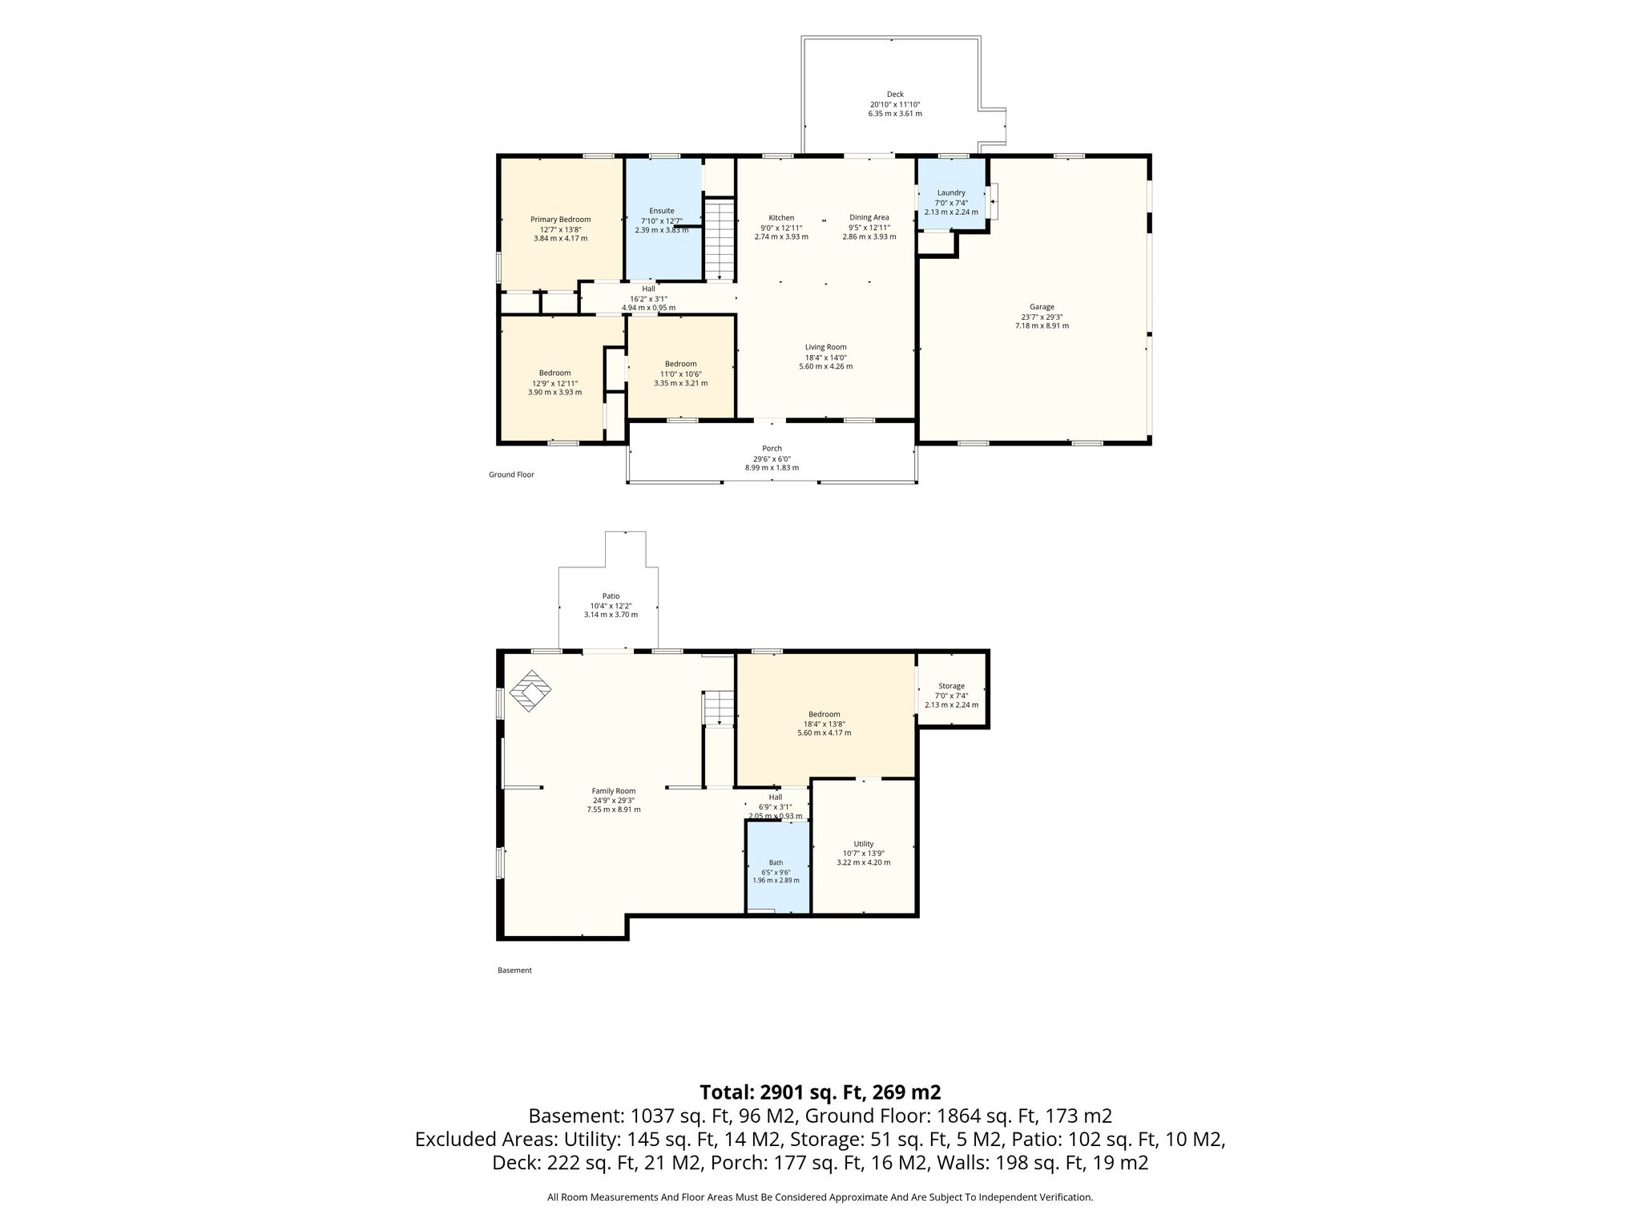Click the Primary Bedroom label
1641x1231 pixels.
[x=560, y=220]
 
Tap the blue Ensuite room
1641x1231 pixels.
[x=663, y=220]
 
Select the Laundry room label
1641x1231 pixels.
[x=951, y=192]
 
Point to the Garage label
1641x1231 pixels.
[x=1042, y=306]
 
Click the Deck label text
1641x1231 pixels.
[x=895, y=95]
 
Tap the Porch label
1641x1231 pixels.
[x=772, y=448]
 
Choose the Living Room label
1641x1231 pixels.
[x=825, y=347]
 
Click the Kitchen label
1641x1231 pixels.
[x=781, y=218]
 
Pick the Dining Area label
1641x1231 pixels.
[x=869, y=217]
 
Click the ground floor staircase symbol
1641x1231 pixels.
[x=720, y=240]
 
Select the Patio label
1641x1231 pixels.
[x=611, y=595]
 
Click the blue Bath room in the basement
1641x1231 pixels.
[x=776, y=867]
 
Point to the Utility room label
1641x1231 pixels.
[x=863, y=844]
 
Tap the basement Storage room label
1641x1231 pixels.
[x=951, y=686]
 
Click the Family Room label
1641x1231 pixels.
[x=614, y=791]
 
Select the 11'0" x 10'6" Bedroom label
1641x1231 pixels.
[x=680, y=364]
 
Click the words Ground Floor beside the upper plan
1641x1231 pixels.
[x=511, y=474]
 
